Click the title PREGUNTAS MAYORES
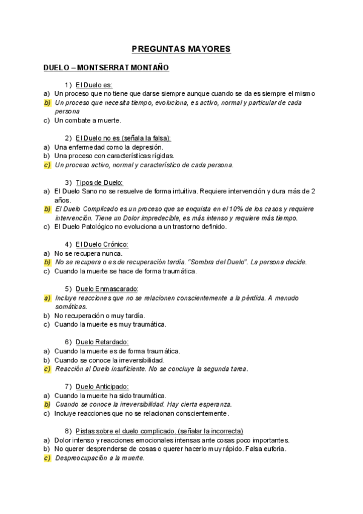pos(181,49)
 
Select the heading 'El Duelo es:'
pos(94,85)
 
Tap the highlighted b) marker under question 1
pos(47,102)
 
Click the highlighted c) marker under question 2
pos(47,164)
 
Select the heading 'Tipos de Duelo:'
pos(99,182)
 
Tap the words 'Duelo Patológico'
pos(89,227)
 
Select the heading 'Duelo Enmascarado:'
pos(107,289)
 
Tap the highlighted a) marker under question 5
pos(47,298)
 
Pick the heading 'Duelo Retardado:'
pos(102,342)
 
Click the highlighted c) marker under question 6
pos(47,369)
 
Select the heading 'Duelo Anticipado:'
pos(102,386)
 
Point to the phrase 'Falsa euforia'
pos(264,449)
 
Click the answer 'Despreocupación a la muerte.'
pos(99,458)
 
